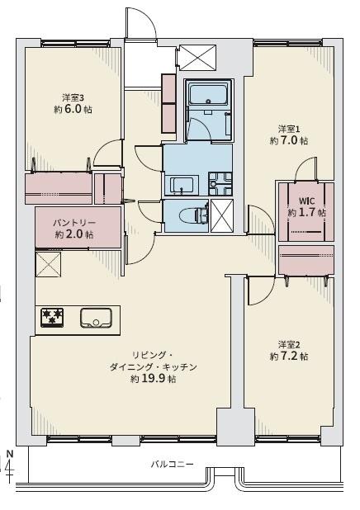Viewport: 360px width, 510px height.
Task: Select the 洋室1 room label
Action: [x=288, y=129]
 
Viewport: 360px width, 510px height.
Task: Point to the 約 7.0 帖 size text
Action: [x=288, y=141]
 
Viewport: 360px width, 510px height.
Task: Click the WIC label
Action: [x=306, y=200]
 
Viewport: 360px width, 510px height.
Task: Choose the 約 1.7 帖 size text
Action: [x=306, y=212]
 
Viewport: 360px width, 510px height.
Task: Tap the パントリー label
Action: [x=74, y=223]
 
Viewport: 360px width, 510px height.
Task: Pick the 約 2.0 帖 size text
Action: [x=74, y=235]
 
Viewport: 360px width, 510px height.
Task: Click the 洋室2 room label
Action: [x=288, y=344]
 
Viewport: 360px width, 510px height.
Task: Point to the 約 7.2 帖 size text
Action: [x=288, y=357]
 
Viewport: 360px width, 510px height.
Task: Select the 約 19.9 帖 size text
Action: [x=153, y=379]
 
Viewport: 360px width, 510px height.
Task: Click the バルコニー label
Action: [x=172, y=465]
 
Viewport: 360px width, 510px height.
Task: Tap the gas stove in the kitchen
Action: [x=53, y=317]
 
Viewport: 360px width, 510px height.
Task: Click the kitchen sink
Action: [x=96, y=317]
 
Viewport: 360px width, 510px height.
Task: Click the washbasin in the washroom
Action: [x=182, y=183]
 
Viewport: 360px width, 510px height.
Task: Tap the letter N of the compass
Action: [x=9, y=453]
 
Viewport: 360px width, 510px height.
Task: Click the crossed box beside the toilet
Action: [x=221, y=215]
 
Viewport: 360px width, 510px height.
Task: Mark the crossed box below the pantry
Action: [x=48, y=267]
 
